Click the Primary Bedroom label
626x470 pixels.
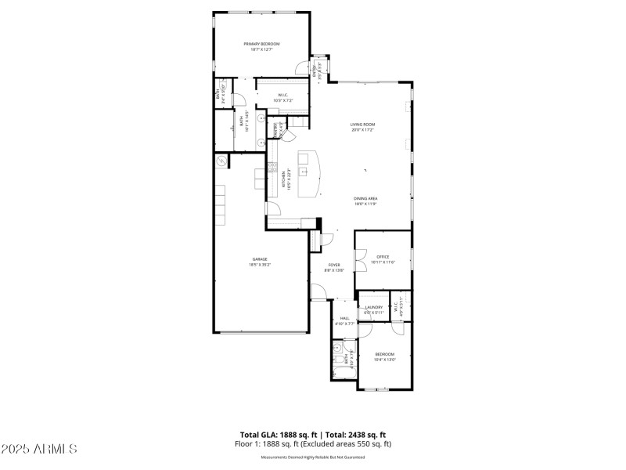261,44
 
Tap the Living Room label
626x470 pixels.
362,125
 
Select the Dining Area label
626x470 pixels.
365,199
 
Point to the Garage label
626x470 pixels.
259,259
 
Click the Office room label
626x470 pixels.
383,257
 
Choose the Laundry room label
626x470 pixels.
373,307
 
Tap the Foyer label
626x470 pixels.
334,265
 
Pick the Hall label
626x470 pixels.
344,318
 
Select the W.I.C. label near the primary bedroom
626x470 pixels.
262,96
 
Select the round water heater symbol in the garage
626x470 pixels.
222,161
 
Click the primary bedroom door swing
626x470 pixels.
305,67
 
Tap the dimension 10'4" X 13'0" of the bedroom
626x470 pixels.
385,360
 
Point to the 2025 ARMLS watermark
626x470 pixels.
39,449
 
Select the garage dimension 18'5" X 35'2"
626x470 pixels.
259,265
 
